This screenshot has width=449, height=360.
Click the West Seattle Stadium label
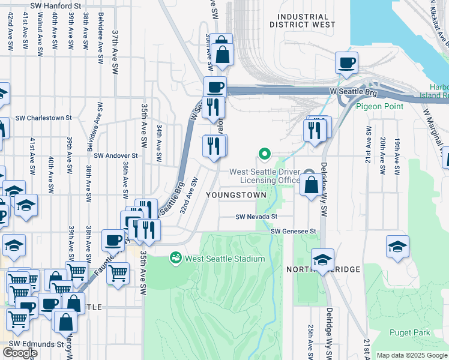point(224,259)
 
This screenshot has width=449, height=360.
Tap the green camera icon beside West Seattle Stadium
point(176,258)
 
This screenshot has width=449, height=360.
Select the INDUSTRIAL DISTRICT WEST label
point(303,21)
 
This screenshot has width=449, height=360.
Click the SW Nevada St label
point(256,217)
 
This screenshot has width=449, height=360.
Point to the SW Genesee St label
point(293,231)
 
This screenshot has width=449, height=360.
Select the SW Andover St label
point(116,155)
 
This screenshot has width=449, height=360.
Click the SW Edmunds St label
point(35,344)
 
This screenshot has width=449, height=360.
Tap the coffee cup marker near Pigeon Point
point(346,62)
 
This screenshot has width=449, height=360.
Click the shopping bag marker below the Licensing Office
point(311,184)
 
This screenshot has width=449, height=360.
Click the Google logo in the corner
point(20,352)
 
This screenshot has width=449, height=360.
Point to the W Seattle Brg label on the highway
point(354,91)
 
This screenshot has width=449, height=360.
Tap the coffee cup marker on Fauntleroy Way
point(112,241)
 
